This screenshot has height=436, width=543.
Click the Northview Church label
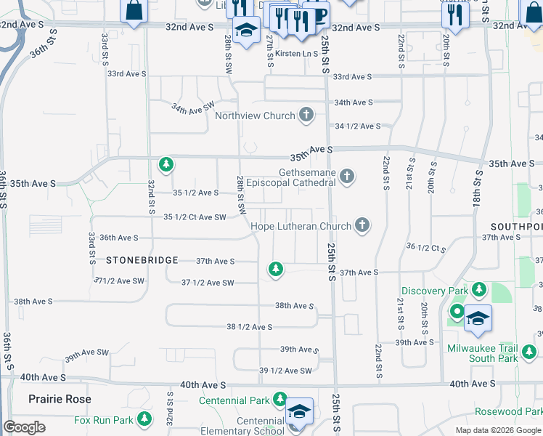[x=255, y=116]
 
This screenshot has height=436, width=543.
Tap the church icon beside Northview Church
[x=306, y=115]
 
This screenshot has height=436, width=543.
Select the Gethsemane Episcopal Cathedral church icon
[x=348, y=176]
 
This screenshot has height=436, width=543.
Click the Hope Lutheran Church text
[x=301, y=226]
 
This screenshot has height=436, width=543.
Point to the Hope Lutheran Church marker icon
[x=362, y=226]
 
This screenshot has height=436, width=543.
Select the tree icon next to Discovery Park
[x=478, y=290]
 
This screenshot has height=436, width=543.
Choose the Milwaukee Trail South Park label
[x=482, y=352]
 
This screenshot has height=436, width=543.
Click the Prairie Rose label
[x=60, y=399]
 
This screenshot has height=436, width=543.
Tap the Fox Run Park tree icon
[x=145, y=419]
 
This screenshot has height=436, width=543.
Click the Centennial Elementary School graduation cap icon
[x=299, y=411]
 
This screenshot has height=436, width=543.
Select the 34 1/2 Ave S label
[x=358, y=126]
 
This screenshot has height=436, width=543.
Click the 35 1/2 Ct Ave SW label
[x=195, y=217]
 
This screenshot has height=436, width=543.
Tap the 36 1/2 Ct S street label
[x=426, y=248]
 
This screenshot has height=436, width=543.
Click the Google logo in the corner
[x=24, y=427]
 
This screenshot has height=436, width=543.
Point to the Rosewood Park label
[x=509, y=411]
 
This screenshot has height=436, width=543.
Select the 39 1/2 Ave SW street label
[x=285, y=371]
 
